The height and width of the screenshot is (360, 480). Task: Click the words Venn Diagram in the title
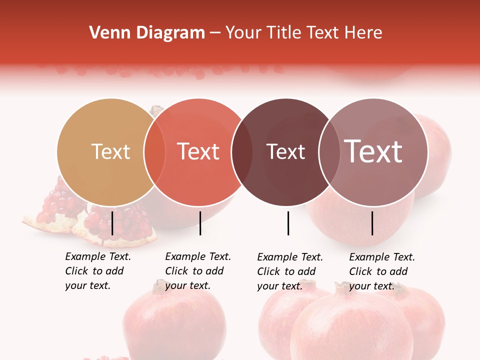(147, 33)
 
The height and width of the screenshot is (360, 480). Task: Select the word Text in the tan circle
(110, 151)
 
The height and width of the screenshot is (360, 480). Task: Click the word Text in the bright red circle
(198, 151)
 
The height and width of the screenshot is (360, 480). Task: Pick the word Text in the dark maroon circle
(285, 151)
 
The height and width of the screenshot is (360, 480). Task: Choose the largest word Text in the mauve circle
(373, 151)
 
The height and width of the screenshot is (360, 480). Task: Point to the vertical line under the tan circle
(112, 223)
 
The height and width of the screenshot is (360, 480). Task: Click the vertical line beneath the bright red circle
(200, 223)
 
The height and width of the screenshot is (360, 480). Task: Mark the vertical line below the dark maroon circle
(288, 223)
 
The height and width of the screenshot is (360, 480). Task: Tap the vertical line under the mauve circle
(372, 223)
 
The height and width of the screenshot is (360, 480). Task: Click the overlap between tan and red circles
(154, 152)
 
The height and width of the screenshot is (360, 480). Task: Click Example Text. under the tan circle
(98, 256)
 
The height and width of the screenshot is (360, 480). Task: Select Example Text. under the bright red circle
(198, 256)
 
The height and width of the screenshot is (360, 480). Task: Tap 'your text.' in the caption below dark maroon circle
(279, 286)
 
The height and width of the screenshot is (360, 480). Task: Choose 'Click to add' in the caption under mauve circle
(378, 271)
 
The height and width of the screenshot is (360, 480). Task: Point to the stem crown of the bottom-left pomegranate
(159, 285)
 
